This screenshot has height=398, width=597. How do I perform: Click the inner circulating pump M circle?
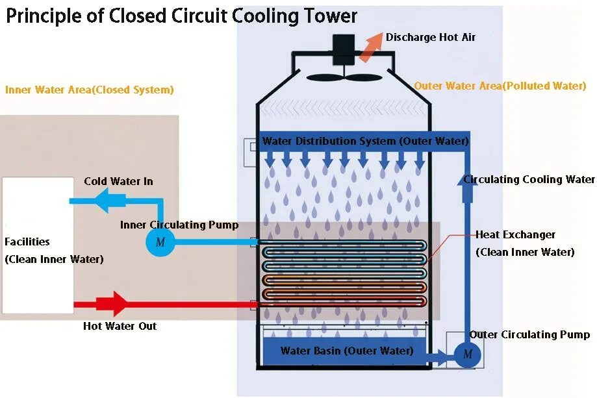[157, 242]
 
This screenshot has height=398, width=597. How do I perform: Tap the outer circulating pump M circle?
[467, 354]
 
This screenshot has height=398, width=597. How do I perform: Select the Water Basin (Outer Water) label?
[347, 351]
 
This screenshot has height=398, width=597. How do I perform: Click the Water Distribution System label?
[365, 141]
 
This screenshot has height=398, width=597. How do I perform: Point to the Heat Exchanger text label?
[515, 234]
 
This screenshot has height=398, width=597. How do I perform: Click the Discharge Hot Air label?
[431, 38]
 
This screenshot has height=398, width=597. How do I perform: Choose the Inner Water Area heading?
[90, 90]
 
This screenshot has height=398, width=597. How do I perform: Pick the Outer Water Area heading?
[500, 86]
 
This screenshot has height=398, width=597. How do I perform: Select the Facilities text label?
[27, 242]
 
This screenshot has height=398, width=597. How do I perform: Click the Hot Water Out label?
[120, 326]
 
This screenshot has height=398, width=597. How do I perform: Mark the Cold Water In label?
[118, 181]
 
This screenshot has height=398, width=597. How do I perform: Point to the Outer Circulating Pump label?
[529, 335]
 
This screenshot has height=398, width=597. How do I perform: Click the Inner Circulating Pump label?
[179, 225]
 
